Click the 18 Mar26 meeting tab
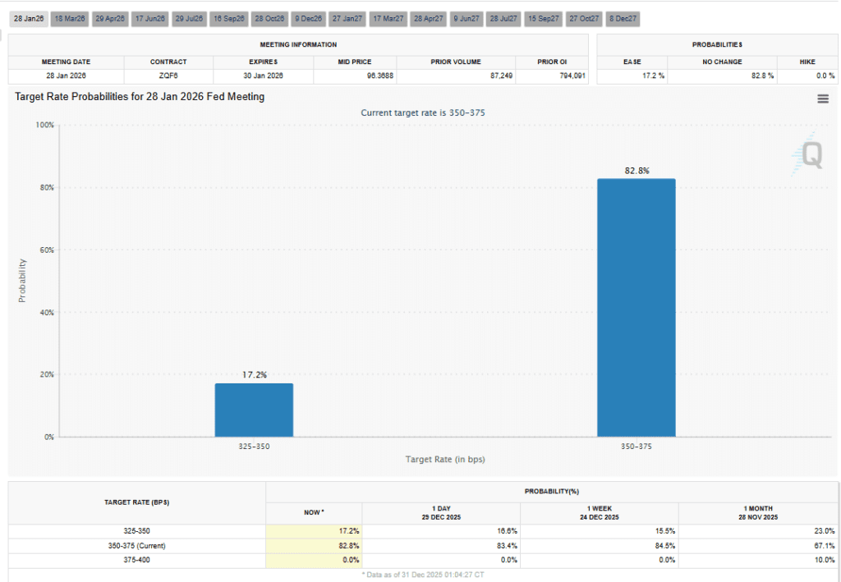(x=70, y=18)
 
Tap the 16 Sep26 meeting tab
(x=229, y=18)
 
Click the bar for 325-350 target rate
(x=254, y=410)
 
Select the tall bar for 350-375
(x=636, y=308)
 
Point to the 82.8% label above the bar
(x=636, y=171)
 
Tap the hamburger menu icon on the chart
(x=823, y=99)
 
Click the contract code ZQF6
(x=168, y=76)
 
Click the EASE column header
(x=632, y=62)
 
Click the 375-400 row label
(x=136, y=561)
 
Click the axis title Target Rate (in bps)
(x=445, y=459)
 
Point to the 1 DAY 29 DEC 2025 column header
(x=441, y=513)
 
